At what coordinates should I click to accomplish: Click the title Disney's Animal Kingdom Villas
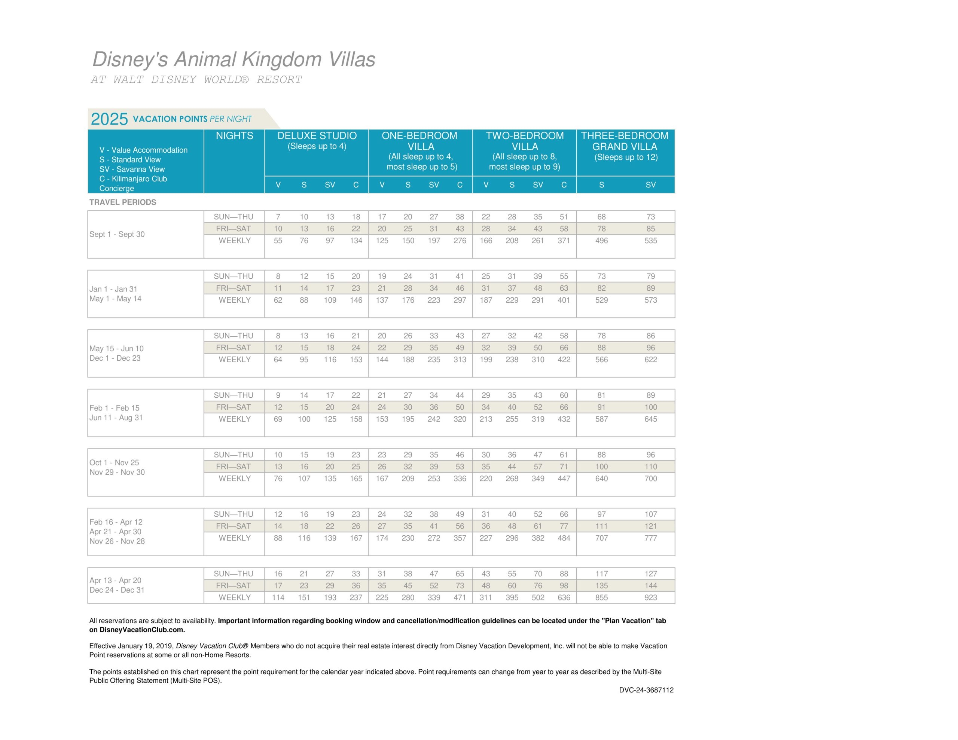[234, 59]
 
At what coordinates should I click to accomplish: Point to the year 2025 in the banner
[109, 119]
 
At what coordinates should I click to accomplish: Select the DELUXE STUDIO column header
[317, 136]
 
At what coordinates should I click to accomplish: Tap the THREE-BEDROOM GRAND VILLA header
[625, 141]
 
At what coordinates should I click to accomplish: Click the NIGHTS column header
[234, 136]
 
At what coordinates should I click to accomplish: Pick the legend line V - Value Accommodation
[143, 150]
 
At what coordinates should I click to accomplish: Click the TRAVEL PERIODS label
[123, 202]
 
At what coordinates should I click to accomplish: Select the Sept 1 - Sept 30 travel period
[117, 234]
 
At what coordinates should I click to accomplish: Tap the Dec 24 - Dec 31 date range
[117, 590]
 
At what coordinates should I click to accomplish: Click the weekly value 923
[650, 597]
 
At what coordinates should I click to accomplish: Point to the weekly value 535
[650, 241]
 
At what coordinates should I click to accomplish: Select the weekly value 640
[601, 478]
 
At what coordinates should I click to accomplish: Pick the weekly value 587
[601, 419]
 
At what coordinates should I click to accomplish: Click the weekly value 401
[564, 300]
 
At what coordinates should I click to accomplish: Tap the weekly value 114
[278, 597]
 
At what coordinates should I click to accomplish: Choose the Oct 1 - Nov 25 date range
[114, 463]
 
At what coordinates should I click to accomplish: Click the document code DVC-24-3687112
[646, 690]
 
